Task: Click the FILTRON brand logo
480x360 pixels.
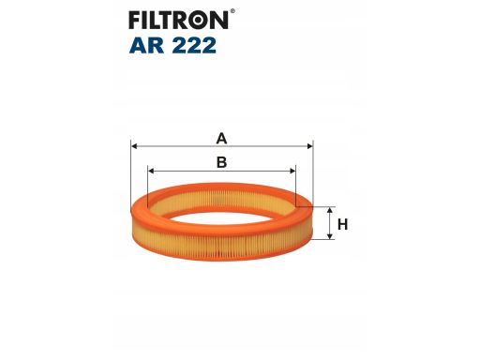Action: point(182,20)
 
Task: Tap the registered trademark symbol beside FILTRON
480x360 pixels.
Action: point(232,11)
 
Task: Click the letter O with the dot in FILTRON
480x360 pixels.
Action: point(199,20)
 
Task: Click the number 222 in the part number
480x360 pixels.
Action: point(194,45)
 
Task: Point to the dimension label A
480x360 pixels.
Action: point(221,138)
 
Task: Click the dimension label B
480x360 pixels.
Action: point(221,162)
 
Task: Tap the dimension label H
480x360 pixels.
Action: point(342,224)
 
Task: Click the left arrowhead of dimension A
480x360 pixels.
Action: point(134,146)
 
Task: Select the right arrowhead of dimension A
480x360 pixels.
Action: point(309,146)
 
